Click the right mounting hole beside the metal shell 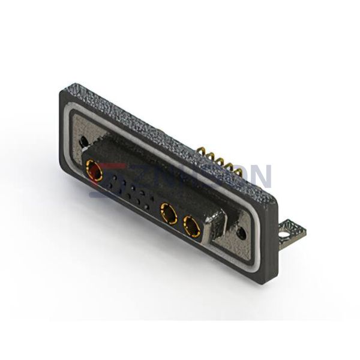241,230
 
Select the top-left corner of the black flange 62,91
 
